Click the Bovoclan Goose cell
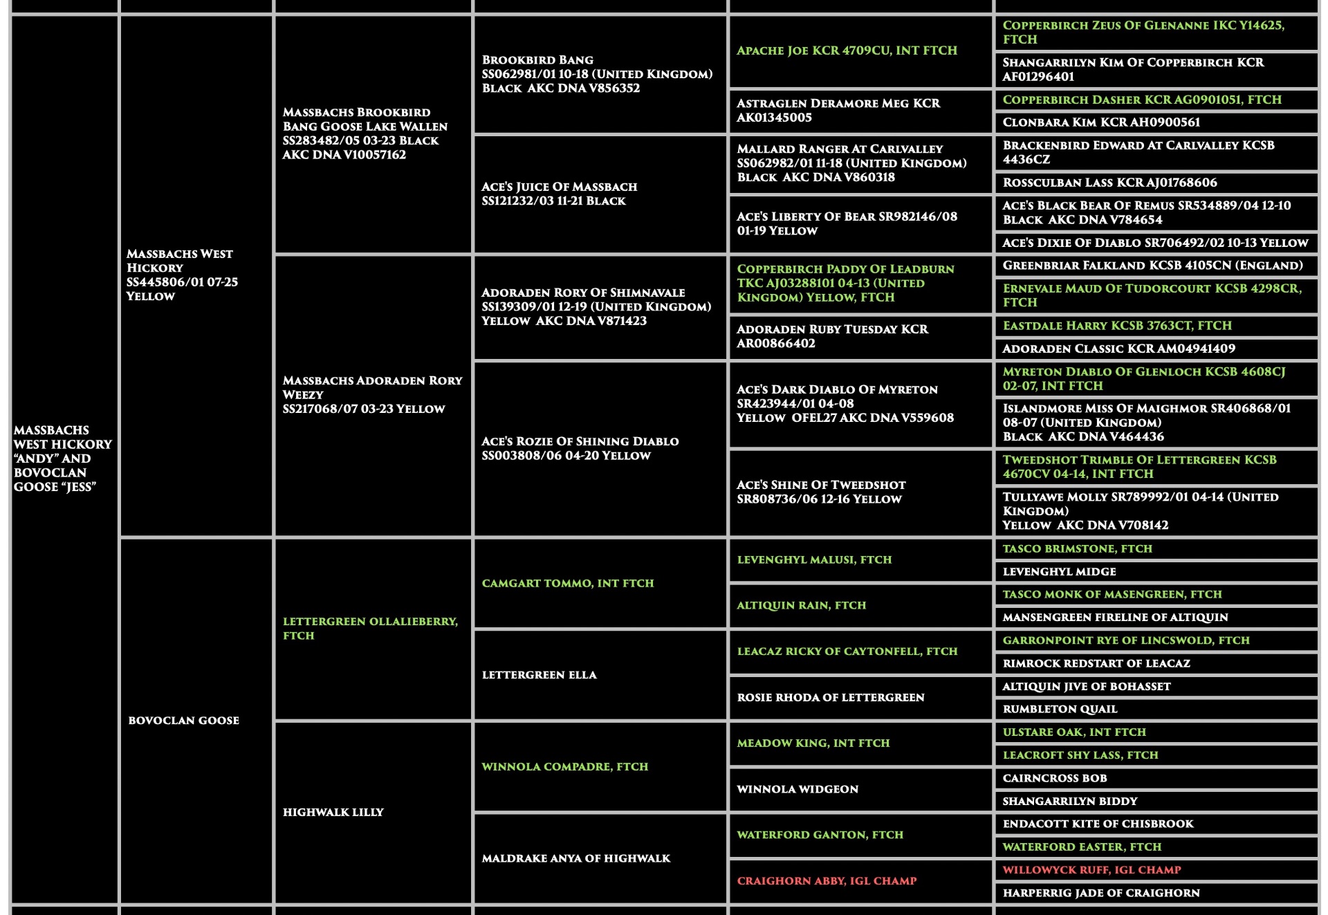pos(183,720)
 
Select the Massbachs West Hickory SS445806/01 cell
pos(181,275)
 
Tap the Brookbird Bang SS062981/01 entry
pos(596,74)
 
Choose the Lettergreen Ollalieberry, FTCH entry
pos(370,628)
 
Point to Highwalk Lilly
pos(333,812)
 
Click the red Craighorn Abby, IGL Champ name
pos(827,880)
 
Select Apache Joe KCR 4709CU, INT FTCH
pos(847,50)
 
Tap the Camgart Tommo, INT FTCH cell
pos(567,583)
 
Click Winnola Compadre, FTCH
pos(564,766)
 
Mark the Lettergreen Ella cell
pos(539,674)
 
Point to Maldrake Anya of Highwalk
pos(575,858)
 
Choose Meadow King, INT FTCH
pos(813,743)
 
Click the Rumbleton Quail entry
pos(1060,709)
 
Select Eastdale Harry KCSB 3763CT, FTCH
pos(1116,325)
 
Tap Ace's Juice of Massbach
pos(559,194)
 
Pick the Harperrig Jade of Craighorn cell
pos(1100,893)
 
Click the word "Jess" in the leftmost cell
pos(82,487)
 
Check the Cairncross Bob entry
pos(1054,778)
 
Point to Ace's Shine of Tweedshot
pos(820,492)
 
